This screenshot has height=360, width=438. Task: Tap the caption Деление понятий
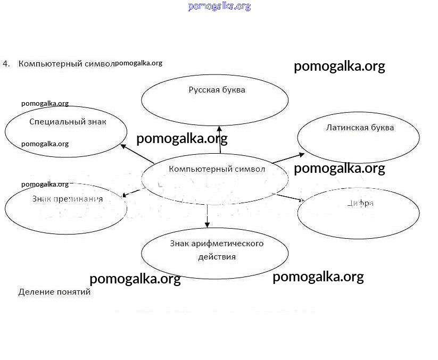[x=54, y=292]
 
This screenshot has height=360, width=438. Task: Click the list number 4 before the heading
[x=5, y=63]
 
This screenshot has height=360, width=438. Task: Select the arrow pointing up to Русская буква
[x=219, y=139]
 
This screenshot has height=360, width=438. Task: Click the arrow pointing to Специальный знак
[x=137, y=153]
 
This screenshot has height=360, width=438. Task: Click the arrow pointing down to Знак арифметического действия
[x=208, y=215]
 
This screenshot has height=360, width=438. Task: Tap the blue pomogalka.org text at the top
[x=219, y=6]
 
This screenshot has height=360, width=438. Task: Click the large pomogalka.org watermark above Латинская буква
[x=339, y=66]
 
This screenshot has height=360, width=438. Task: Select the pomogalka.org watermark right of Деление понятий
[x=135, y=279]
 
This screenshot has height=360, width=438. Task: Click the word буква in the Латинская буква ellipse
[x=385, y=128]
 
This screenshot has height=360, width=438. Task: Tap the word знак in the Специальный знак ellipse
[x=97, y=122]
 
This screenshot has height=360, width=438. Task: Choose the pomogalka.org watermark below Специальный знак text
[x=45, y=144]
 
